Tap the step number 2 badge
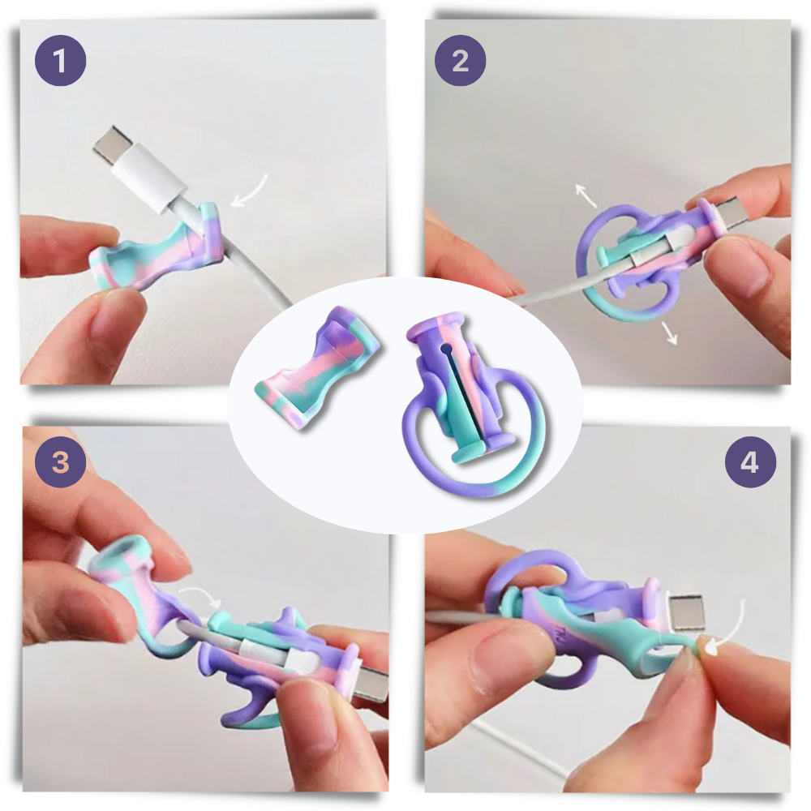pos(460,60)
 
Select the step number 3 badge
pos(60,462)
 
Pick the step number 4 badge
pos(750,462)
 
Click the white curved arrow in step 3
pos(200,598)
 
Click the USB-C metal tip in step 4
pos(688,611)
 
